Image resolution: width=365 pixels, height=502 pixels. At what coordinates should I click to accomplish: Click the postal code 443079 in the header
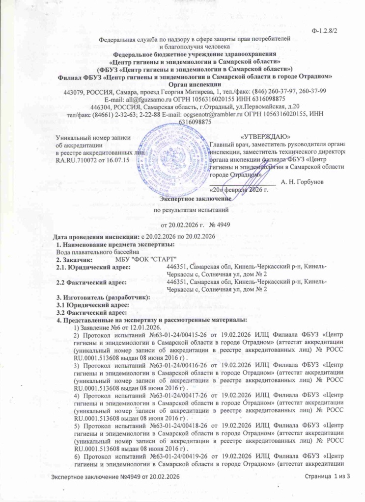pyautogui.click(x=74, y=91)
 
